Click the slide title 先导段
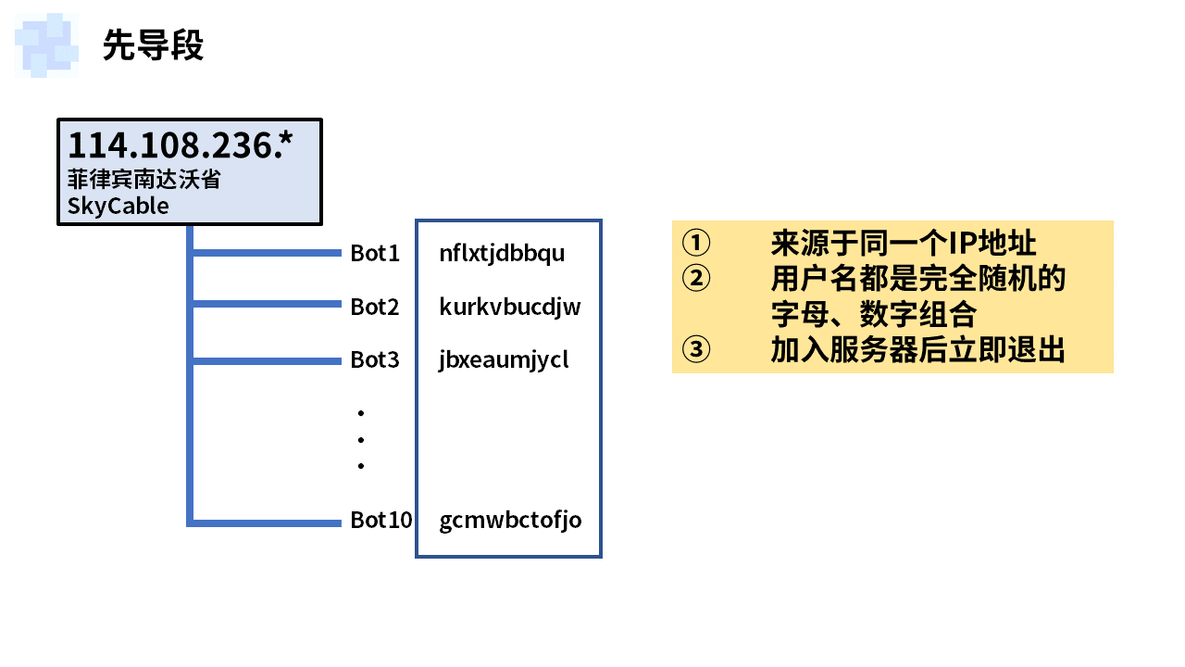coord(153,44)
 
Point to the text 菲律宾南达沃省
coord(144,179)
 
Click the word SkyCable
coord(118,205)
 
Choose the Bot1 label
coord(375,253)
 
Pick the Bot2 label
coord(375,307)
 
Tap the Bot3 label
coord(375,359)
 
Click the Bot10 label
coord(381,520)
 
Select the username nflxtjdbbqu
coord(502,253)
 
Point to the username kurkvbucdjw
coord(510,307)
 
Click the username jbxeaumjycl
coord(504,359)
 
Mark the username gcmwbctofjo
coord(510,520)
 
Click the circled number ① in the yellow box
coord(696,244)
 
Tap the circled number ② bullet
coord(696,279)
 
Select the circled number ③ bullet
coord(696,350)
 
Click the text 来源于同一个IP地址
coord(903,244)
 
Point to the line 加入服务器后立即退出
coord(917,350)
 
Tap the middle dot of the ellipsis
coord(361,439)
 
